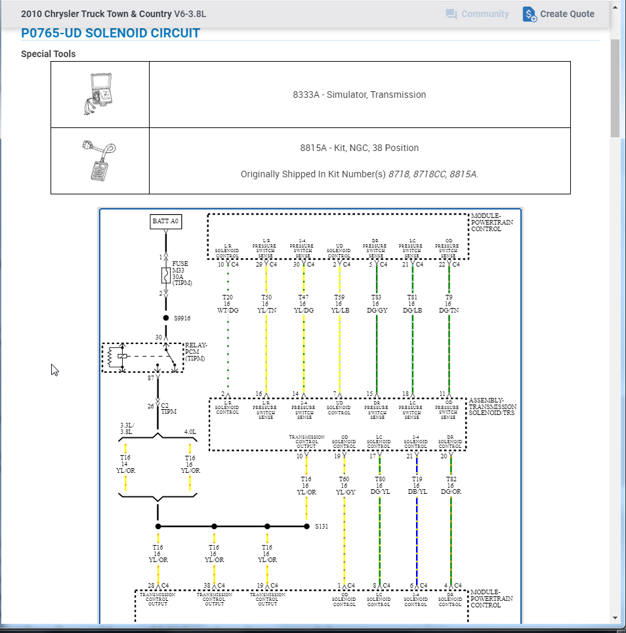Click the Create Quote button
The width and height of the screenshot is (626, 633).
(558, 14)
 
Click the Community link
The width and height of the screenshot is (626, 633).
(477, 14)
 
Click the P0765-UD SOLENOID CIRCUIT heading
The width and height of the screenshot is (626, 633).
(110, 33)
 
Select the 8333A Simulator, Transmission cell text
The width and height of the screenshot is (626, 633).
(360, 95)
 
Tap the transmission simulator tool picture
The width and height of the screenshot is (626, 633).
(100, 94)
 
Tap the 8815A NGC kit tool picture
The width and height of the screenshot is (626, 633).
(99, 160)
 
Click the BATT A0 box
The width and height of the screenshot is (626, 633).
(166, 221)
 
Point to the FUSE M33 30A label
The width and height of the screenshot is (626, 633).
(181, 273)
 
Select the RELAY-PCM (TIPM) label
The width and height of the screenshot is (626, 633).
(196, 352)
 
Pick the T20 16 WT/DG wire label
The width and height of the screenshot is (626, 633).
(228, 303)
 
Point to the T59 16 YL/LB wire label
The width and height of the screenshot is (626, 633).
(339, 303)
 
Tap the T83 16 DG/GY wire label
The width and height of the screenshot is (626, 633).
(376, 303)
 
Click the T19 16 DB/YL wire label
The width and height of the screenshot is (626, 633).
(416, 486)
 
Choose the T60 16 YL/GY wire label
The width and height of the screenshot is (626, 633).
(344, 486)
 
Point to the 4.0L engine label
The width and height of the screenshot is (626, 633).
(190, 431)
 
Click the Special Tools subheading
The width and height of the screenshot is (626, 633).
(48, 54)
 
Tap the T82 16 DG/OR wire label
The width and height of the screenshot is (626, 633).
(451, 486)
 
